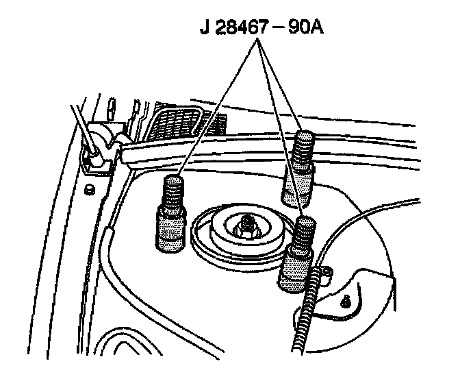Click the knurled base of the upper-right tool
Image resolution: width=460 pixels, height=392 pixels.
[298, 185]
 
